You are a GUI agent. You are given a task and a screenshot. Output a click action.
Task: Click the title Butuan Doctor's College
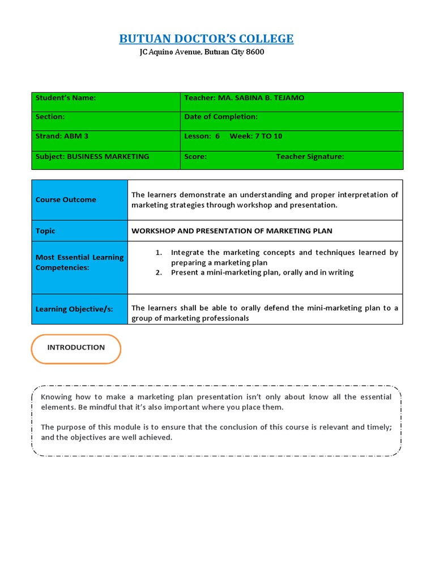pyautogui.click(x=206, y=39)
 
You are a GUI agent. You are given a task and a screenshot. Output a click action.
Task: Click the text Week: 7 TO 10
pyautogui.click(x=255, y=137)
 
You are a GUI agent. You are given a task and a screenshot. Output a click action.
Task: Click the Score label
pyautogui.click(x=195, y=157)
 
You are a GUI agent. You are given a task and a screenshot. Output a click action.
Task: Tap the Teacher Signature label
pyautogui.click(x=310, y=157)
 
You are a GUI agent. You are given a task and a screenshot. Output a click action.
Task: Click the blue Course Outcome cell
pyautogui.click(x=80, y=200)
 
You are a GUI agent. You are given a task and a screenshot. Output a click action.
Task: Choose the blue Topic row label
pyautogui.click(x=80, y=231)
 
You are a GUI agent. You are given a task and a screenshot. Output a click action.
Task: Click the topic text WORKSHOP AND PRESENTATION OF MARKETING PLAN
pyautogui.click(x=232, y=231)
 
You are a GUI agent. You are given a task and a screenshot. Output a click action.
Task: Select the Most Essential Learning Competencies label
pyautogui.click(x=80, y=262)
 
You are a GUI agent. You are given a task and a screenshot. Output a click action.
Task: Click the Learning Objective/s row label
pyautogui.click(x=80, y=309)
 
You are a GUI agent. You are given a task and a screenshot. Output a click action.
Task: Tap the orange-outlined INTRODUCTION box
pyautogui.click(x=76, y=348)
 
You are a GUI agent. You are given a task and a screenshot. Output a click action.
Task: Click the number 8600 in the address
pyautogui.click(x=255, y=52)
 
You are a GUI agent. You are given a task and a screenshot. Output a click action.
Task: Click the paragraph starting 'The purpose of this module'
pyautogui.click(x=216, y=432)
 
